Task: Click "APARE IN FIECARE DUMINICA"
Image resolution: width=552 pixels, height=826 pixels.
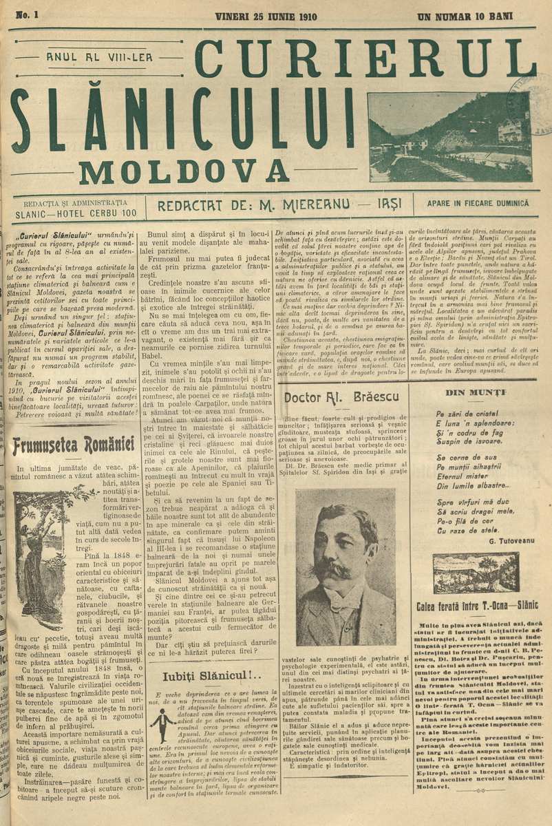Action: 478,204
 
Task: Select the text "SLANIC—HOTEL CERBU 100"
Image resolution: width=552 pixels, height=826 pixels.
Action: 75,213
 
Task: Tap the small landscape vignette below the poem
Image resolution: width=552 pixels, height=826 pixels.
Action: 476,573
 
